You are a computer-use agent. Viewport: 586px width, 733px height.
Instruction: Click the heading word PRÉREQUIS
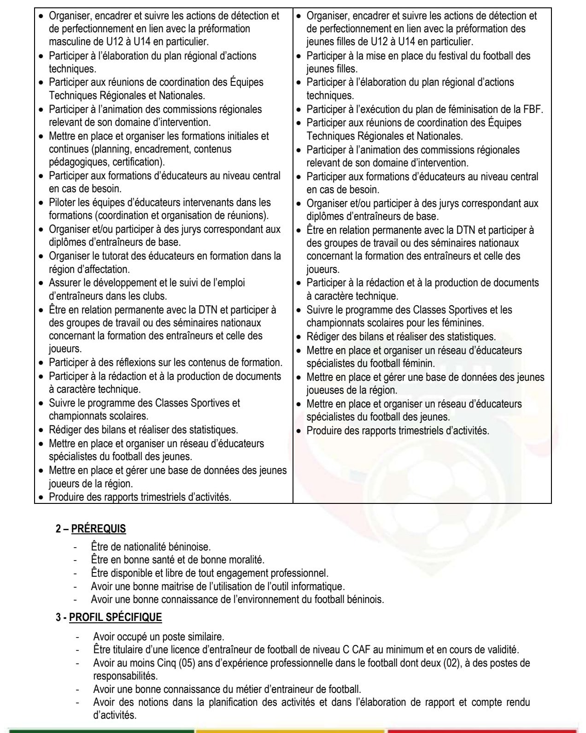99,529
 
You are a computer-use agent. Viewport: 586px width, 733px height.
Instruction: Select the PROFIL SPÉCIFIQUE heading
115,617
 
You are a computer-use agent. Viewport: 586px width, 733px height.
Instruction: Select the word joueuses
325,390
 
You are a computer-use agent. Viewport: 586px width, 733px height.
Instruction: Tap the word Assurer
64,283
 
